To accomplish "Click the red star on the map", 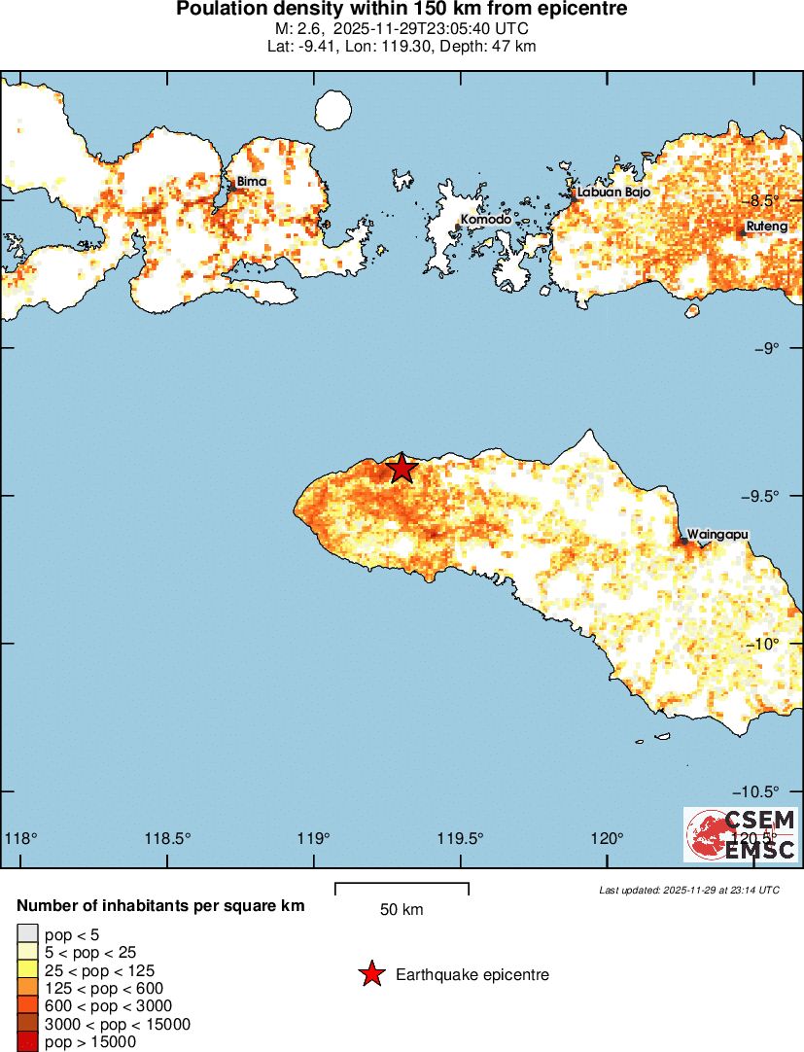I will (402, 468).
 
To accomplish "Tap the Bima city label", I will (251, 181).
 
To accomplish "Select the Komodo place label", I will (485, 220).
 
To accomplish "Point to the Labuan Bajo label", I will (613, 193).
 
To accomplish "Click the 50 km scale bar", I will (402, 889).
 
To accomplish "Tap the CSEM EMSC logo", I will (741, 834).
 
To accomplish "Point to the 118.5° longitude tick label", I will (167, 838).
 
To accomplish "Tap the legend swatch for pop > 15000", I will (27, 1041).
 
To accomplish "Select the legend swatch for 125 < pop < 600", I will (27, 988).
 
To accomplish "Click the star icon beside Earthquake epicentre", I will (371, 974).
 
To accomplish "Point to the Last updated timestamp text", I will (688, 890).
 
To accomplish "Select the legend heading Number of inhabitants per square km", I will (160, 906).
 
